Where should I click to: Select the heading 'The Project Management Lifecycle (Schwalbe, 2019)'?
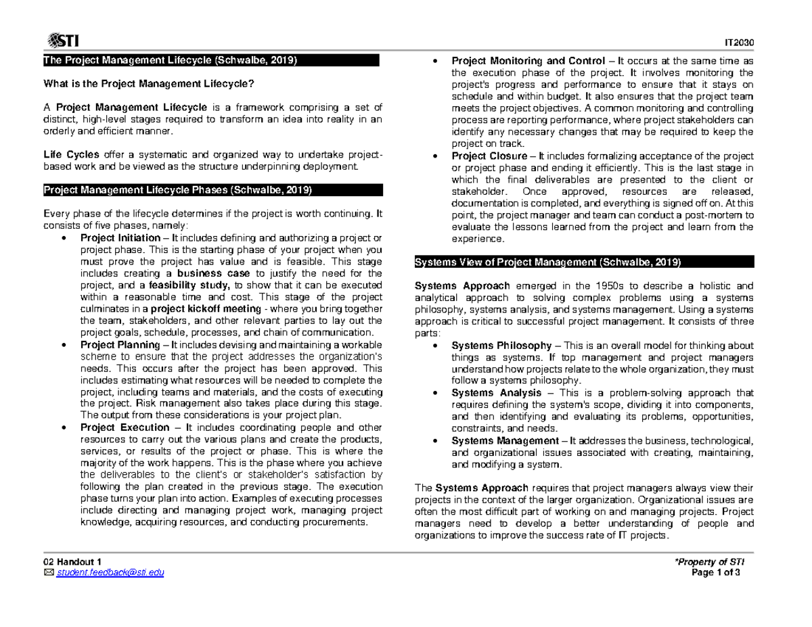point(170,60)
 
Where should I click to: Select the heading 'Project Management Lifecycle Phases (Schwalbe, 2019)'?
point(177,190)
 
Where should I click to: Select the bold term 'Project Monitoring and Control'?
point(521,60)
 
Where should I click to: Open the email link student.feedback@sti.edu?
point(110,574)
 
